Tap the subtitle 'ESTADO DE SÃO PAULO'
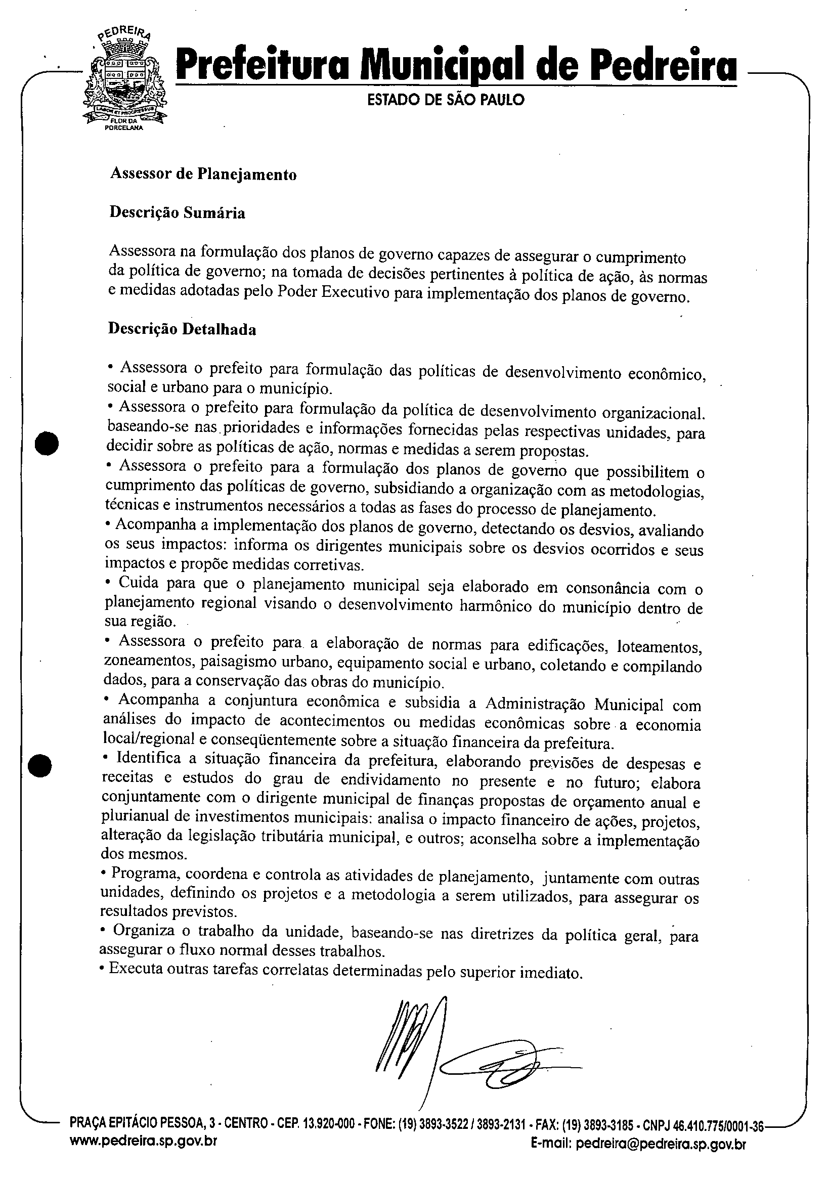[446, 100]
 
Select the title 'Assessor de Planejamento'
[204, 174]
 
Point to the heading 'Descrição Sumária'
[178, 212]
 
